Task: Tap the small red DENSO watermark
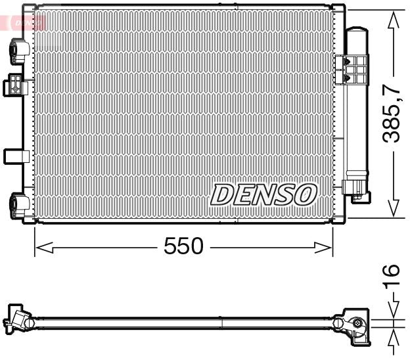(x=25, y=23)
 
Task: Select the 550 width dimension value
(x=183, y=247)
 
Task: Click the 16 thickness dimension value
(x=392, y=274)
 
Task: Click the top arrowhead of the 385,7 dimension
(x=393, y=20)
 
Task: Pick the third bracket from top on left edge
(x=15, y=156)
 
